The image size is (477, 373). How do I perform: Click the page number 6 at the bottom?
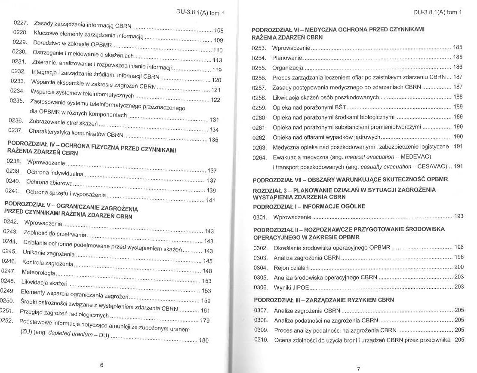pos(102,365)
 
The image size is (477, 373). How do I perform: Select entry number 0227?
pos(21,22)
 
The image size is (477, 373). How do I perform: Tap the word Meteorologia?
pos(39,272)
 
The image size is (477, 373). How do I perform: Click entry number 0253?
pos(259,48)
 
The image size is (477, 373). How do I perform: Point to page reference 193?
pos(459,216)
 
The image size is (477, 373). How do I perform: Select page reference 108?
pos(218,31)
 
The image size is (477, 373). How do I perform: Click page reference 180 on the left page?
pos(203,340)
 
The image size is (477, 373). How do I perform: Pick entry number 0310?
pos(261,340)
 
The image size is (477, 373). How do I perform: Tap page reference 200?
pos(459,267)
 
